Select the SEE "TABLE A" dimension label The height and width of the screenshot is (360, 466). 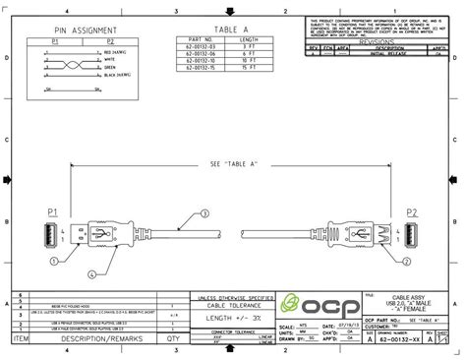[x=234, y=164]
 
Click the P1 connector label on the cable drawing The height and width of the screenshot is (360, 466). [x=53, y=212]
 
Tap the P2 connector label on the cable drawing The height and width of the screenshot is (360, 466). [x=412, y=212]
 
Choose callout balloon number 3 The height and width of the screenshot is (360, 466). [x=205, y=213]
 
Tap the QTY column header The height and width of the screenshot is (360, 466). [x=174, y=336]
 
